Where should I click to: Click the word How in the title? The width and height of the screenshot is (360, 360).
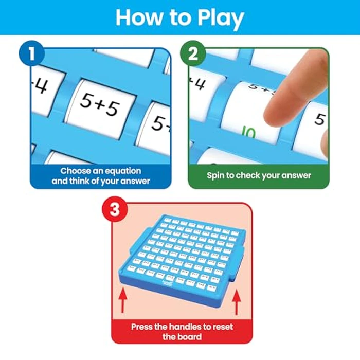(138, 17)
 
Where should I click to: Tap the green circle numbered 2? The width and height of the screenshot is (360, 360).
(192, 54)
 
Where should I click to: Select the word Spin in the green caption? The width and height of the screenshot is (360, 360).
(217, 175)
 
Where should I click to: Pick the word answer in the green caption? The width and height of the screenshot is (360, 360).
(295, 175)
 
